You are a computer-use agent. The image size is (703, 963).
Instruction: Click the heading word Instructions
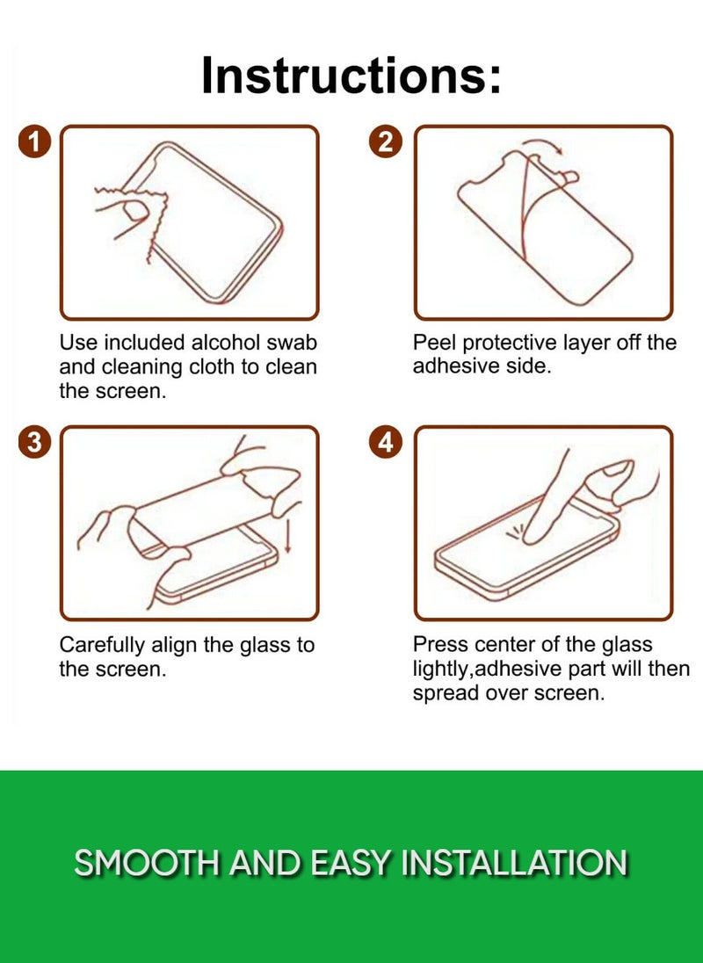pos(351,76)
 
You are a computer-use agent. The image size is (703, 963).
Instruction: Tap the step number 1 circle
pos(34,141)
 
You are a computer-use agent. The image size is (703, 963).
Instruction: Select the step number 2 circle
pos(386,141)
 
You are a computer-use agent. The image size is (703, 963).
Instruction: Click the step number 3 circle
pos(34,443)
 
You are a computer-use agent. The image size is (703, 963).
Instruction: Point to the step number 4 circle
pos(386,443)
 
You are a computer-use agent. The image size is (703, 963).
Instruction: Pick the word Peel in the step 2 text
pos(434,343)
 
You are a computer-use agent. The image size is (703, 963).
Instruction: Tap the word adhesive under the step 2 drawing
pos(453,367)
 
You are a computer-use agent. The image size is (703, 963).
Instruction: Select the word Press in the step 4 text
pos(438,645)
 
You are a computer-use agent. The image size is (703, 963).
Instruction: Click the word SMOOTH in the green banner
pos(146,863)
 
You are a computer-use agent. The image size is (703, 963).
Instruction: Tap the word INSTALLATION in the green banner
pos(514,863)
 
